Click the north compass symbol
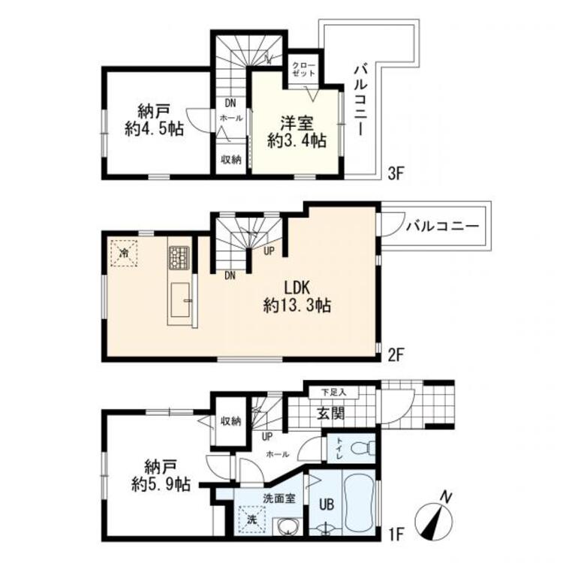click(434, 517)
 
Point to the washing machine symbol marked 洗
click(251, 519)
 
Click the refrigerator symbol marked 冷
click(124, 253)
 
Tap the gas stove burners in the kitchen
click(179, 258)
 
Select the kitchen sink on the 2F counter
click(180, 300)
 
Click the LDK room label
click(297, 288)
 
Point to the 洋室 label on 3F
click(297, 124)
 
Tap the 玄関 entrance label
click(331, 414)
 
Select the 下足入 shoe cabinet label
click(333, 392)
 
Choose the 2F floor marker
click(397, 355)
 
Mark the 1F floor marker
click(396, 534)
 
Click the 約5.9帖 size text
click(161, 485)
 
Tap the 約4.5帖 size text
click(155, 128)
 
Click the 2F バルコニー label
click(443, 226)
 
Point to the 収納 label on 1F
click(231, 421)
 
